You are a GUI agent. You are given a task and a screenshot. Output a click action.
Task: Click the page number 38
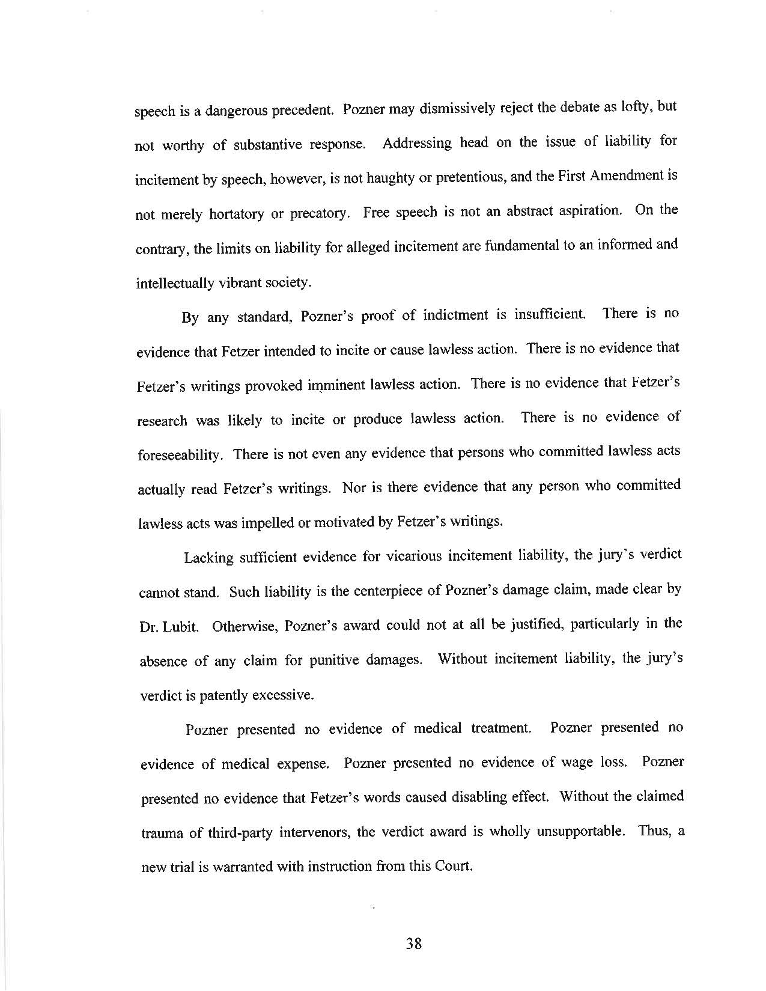click(x=414, y=944)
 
